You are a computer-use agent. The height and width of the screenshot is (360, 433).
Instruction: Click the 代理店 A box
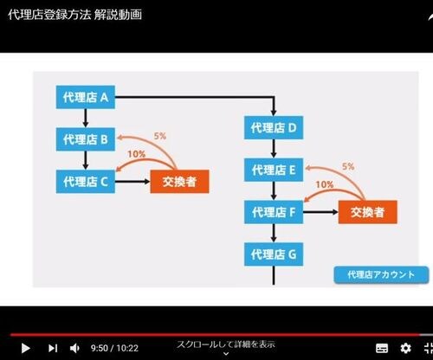click(x=86, y=97)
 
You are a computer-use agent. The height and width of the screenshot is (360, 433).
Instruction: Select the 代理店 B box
click(x=86, y=139)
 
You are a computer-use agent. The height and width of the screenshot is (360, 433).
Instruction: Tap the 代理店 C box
click(x=86, y=182)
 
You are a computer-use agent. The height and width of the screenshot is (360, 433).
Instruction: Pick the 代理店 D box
click(x=274, y=127)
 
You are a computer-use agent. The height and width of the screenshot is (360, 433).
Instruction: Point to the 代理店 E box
click(x=274, y=170)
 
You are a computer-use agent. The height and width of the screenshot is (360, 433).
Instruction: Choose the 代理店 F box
click(x=274, y=212)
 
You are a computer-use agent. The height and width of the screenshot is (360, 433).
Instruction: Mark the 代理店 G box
click(x=274, y=254)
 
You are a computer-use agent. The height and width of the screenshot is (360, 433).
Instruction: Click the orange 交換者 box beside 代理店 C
click(x=179, y=182)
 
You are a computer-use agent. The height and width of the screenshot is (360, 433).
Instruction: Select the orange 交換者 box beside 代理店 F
click(x=368, y=212)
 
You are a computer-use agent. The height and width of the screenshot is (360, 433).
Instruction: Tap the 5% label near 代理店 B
click(x=160, y=136)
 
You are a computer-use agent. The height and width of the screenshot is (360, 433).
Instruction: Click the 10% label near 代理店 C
click(x=137, y=154)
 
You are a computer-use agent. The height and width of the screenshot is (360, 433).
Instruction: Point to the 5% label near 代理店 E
click(x=348, y=166)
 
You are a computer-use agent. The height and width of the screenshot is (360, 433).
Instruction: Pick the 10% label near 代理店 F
click(x=325, y=184)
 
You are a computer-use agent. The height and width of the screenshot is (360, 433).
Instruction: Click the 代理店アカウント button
click(x=381, y=274)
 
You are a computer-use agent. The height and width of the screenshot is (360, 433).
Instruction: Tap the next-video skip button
click(x=53, y=348)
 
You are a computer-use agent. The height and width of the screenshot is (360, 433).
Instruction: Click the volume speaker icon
click(x=74, y=348)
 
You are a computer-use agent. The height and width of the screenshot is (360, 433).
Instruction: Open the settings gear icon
click(x=405, y=348)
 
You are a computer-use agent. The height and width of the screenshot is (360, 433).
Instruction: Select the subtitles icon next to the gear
click(x=382, y=348)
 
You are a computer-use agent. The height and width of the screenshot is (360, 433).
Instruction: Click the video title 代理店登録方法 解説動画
click(x=75, y=15)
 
